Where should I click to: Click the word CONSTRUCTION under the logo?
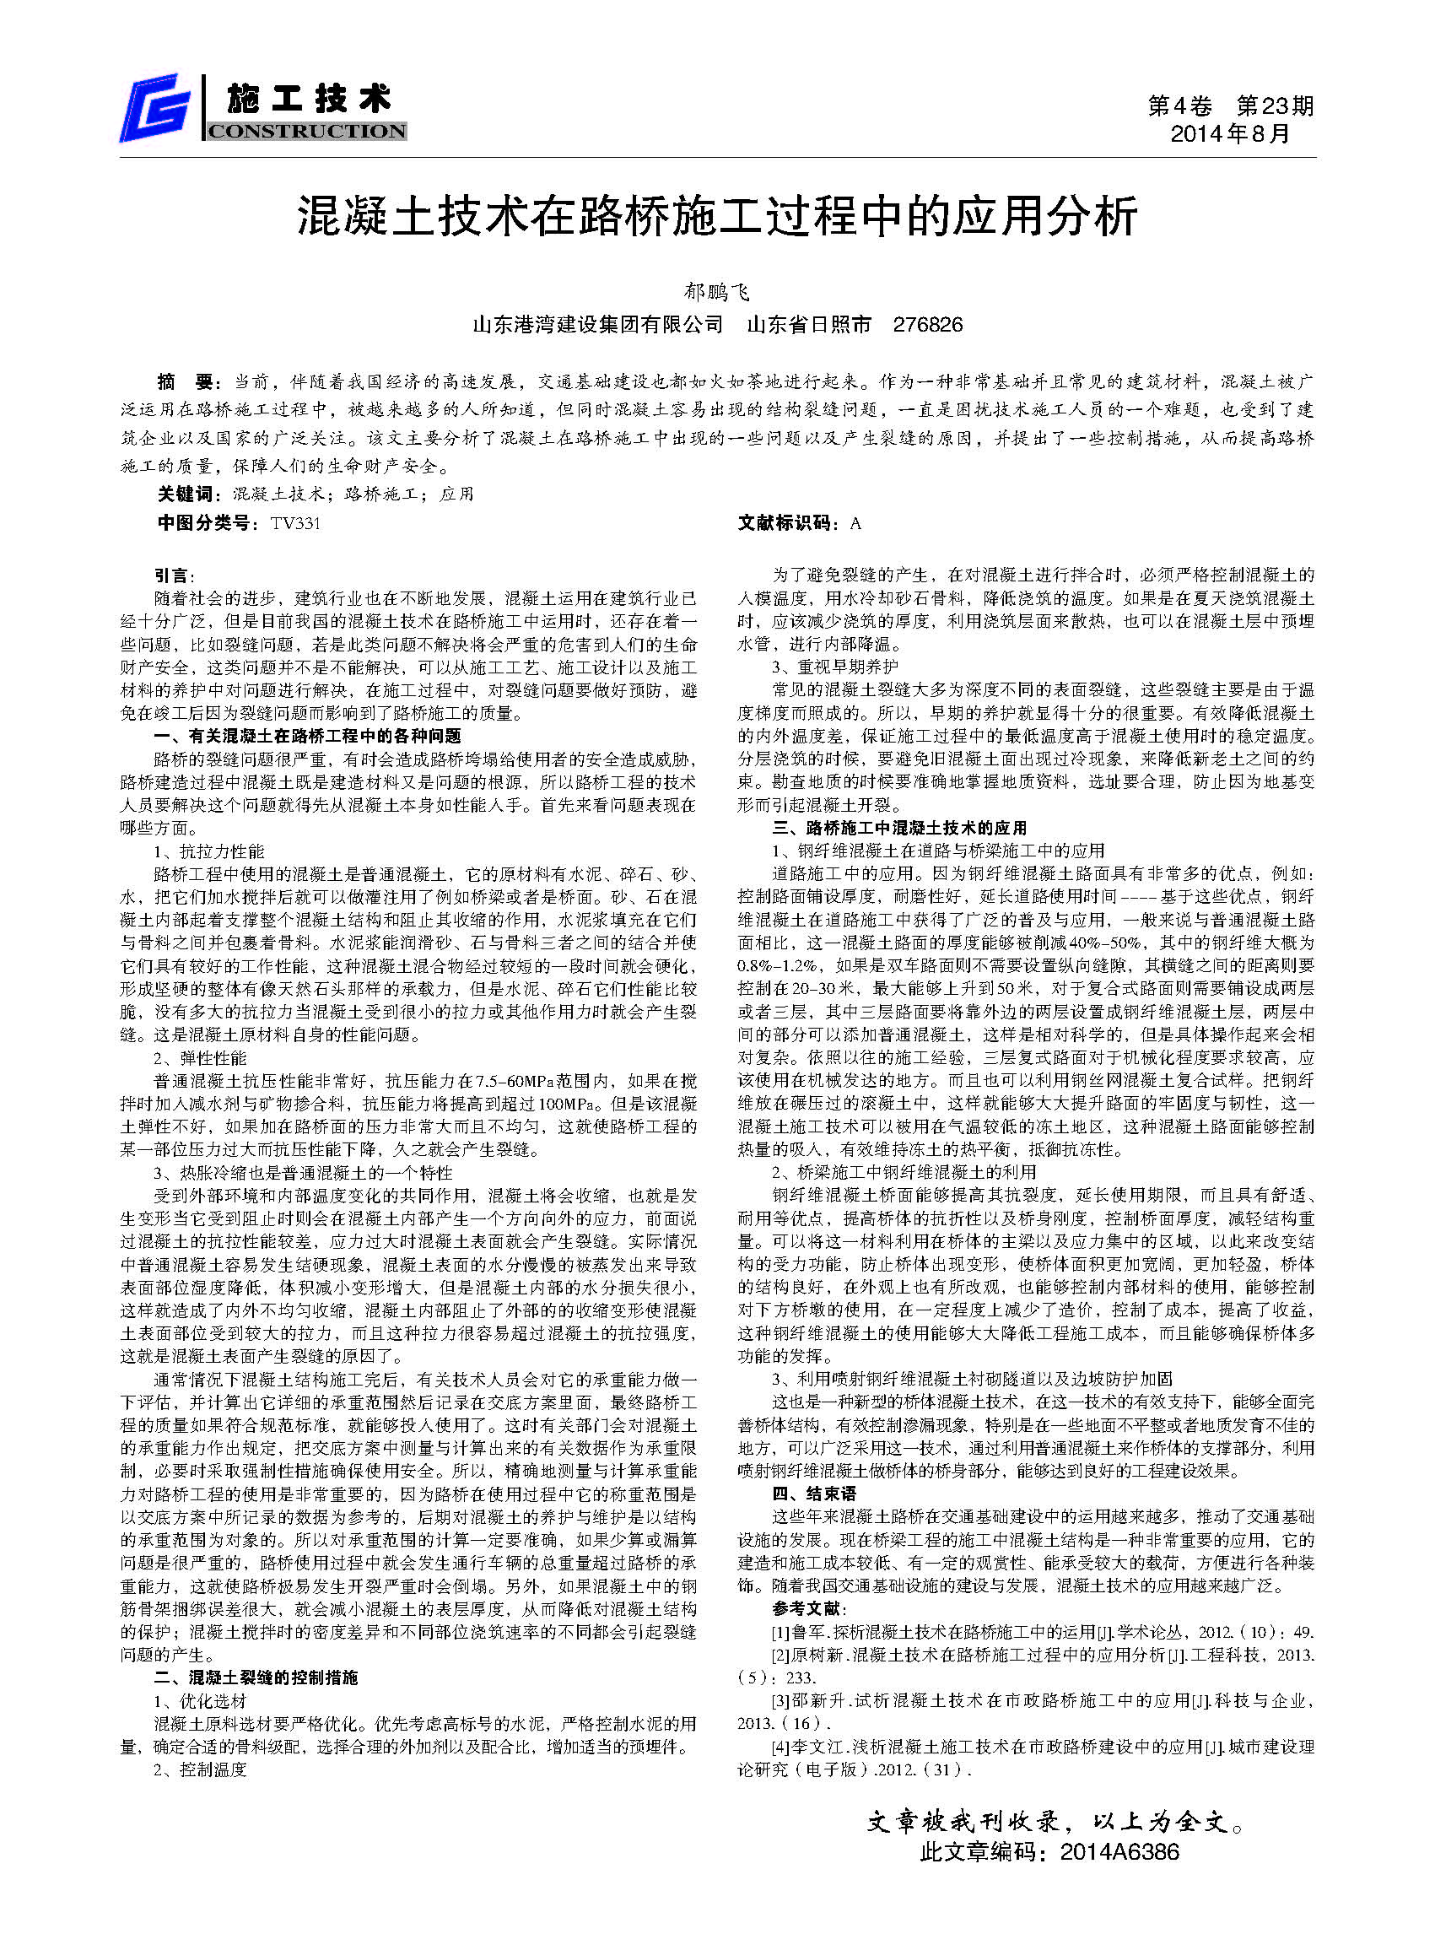[306, 131]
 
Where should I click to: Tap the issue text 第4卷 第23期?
[1230, 106]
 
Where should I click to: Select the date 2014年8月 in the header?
[1230, 134]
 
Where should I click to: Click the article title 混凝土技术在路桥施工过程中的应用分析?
[716, 215]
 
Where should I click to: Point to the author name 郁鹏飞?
[717, 292]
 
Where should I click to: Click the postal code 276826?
[928, 325]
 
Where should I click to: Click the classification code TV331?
[295, 523]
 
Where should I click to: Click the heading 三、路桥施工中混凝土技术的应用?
[899, 828]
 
